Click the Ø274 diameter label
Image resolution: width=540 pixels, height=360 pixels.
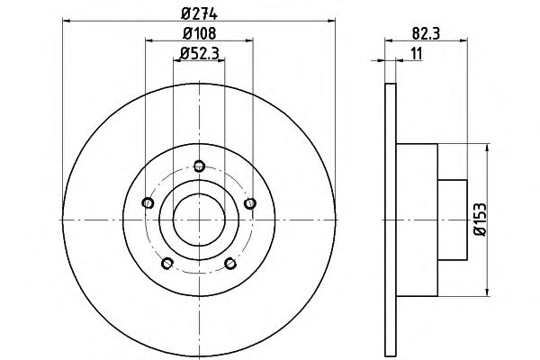199,13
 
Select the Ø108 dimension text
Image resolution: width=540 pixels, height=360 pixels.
200,33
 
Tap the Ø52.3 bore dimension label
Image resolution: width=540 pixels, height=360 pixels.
200,53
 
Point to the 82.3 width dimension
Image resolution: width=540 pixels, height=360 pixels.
426,34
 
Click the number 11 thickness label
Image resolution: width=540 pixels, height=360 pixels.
417,54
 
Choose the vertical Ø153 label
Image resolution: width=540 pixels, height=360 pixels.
481,220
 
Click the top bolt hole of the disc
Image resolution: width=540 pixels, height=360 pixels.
200,166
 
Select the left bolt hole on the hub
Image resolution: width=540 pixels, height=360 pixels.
148,202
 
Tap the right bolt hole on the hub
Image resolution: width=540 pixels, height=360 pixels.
250,203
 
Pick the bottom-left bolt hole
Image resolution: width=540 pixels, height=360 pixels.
167,264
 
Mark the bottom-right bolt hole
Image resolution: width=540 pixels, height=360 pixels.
230,264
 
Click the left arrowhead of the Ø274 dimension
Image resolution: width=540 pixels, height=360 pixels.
67,21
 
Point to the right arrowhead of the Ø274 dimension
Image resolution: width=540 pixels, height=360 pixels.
331,21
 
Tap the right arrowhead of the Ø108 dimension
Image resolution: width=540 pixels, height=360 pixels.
249,40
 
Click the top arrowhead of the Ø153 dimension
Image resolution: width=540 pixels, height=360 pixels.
487,148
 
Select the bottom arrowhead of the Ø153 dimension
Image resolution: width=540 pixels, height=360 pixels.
487,292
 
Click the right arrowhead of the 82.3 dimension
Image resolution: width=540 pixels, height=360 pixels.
463,40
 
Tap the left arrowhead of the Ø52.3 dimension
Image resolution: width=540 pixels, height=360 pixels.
177,60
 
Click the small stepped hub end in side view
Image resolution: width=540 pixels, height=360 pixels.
452,220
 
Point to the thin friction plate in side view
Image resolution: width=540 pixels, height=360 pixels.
391,220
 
